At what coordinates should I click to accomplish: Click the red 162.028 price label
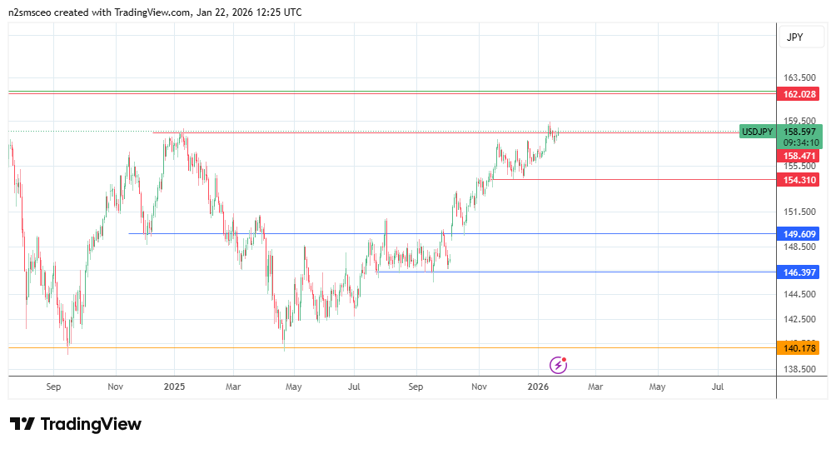[799, 94]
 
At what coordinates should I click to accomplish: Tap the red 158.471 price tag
[799, 156]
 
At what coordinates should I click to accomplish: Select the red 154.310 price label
[799, 180]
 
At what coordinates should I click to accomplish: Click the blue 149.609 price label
[799, 234]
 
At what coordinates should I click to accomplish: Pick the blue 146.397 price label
[799, 272]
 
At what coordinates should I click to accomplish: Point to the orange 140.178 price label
[799, 348]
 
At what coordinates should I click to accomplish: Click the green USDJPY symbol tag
[758, 132]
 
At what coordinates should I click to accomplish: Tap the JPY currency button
[794, 37]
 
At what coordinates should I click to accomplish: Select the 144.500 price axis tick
[799, 294]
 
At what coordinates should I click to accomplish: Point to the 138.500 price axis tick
[799, 369]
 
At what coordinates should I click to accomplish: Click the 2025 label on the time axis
[174, 387]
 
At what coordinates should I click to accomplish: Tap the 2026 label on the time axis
[538, 387]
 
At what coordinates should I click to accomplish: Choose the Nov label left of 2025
[116, 387]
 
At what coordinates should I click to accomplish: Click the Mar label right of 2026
[595, 387]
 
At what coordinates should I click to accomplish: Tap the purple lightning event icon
[559, 365]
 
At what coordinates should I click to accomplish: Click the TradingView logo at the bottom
[76, 424]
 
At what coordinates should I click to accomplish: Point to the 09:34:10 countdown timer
[800, 142]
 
